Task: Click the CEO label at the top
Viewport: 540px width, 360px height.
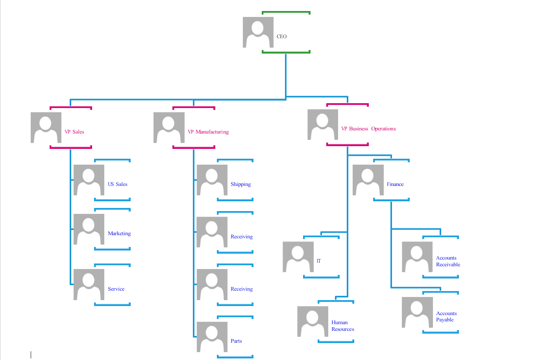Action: (x=281, y=37)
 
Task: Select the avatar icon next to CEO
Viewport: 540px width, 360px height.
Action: (x=258, y=32)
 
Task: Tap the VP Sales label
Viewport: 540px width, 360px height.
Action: (x=74, y=132)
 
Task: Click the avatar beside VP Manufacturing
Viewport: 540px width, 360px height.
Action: (x=169, y=128)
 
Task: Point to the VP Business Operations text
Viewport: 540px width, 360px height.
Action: (x=368, y=129)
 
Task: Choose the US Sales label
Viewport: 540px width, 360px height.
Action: (x=118, y=184)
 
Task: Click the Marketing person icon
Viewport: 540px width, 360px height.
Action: (x=89, y=229)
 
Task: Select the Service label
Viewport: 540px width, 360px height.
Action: (x=116, y=289)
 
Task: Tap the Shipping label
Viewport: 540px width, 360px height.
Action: (x=240, y=184)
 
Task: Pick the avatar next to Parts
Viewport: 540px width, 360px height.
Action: (x=212, y=337)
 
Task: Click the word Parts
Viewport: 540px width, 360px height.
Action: (x=236, y=341)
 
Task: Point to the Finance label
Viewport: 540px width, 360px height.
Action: (x=395, y=184)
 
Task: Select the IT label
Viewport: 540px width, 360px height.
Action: (x=319, y=261)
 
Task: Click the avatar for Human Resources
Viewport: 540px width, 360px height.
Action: (x=313, y=321)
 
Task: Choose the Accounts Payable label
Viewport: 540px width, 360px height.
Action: (x=446, y=317)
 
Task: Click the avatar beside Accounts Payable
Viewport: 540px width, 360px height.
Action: (x=417, y=312)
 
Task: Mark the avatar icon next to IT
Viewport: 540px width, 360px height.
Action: (x=298, y=257)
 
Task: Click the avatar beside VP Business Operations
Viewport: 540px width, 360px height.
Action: (x=322, y=124)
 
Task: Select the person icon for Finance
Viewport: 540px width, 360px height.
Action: (x=368, y=180)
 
